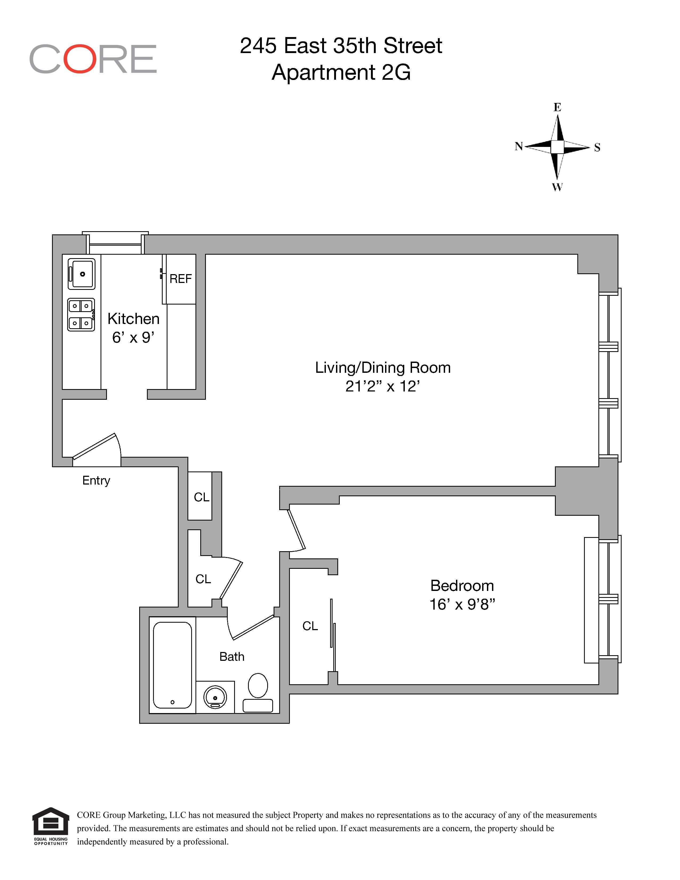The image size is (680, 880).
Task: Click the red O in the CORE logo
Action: click(x=79, y=59)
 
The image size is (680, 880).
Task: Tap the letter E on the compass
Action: click(x=557, y=107)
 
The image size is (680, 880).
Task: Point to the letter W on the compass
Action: click(x=557, y=187)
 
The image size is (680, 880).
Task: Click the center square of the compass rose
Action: click(x=557, y=147)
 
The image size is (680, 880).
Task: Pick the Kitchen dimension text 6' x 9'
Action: click(x=133, y=338)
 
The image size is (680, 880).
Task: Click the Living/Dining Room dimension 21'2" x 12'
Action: click(x=382, y=386)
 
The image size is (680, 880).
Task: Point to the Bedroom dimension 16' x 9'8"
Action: click(x=462, y=604)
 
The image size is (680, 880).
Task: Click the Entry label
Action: click(x=96, y=480)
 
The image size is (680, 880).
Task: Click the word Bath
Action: click(x=232, y=657)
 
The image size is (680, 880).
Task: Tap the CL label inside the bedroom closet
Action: click(x=310, y=626)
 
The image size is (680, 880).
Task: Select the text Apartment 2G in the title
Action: click(x=341, y=73)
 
